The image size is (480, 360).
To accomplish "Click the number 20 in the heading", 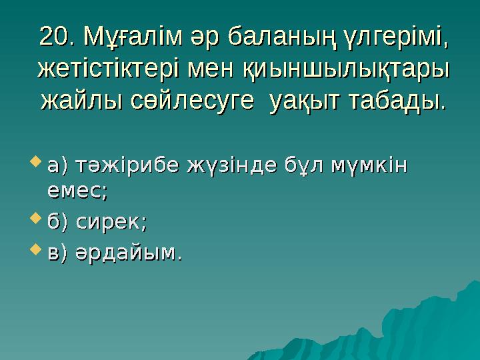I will point(54,36).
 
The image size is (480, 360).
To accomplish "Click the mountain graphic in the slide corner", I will point(433,320).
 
